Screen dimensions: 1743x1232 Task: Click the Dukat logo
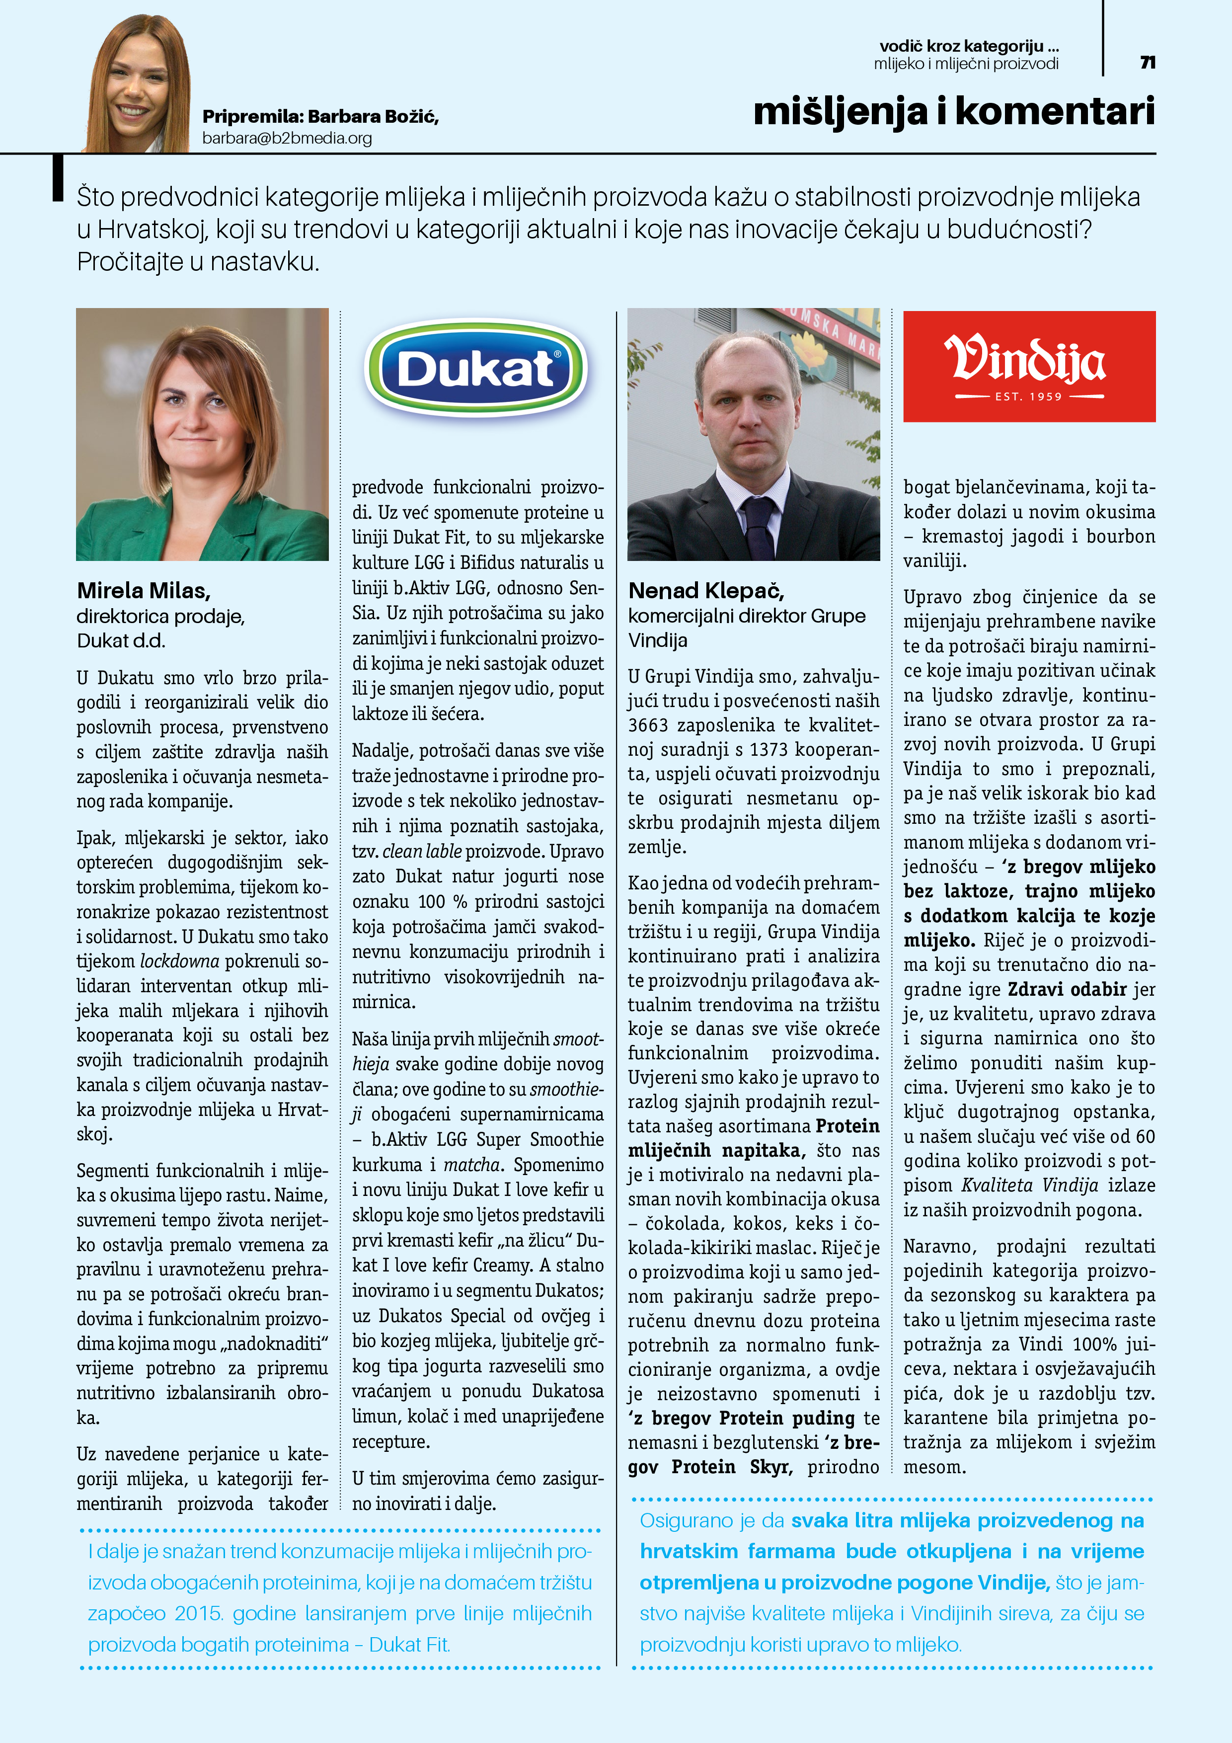[x=476, y=369]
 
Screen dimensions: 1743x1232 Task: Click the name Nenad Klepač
[x=706, y=591]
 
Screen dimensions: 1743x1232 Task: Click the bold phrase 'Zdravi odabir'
[x=1067, y=990]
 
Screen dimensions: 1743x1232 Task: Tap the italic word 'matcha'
[x=472, y=1165]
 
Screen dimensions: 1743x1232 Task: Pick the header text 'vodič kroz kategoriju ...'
[x=969, y=46]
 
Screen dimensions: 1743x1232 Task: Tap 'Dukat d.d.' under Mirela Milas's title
[x=121, y=641]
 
